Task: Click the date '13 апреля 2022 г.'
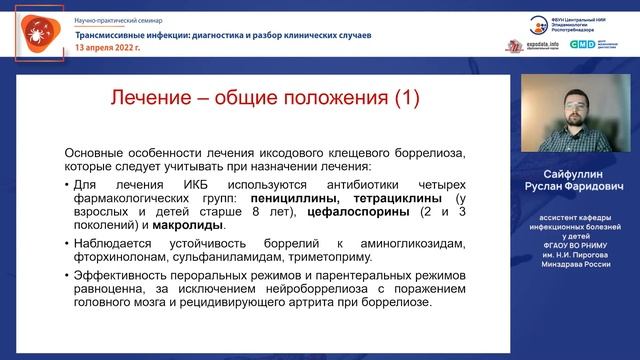[x=102, y=47]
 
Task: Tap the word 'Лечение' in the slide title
[x=148, y=98]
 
